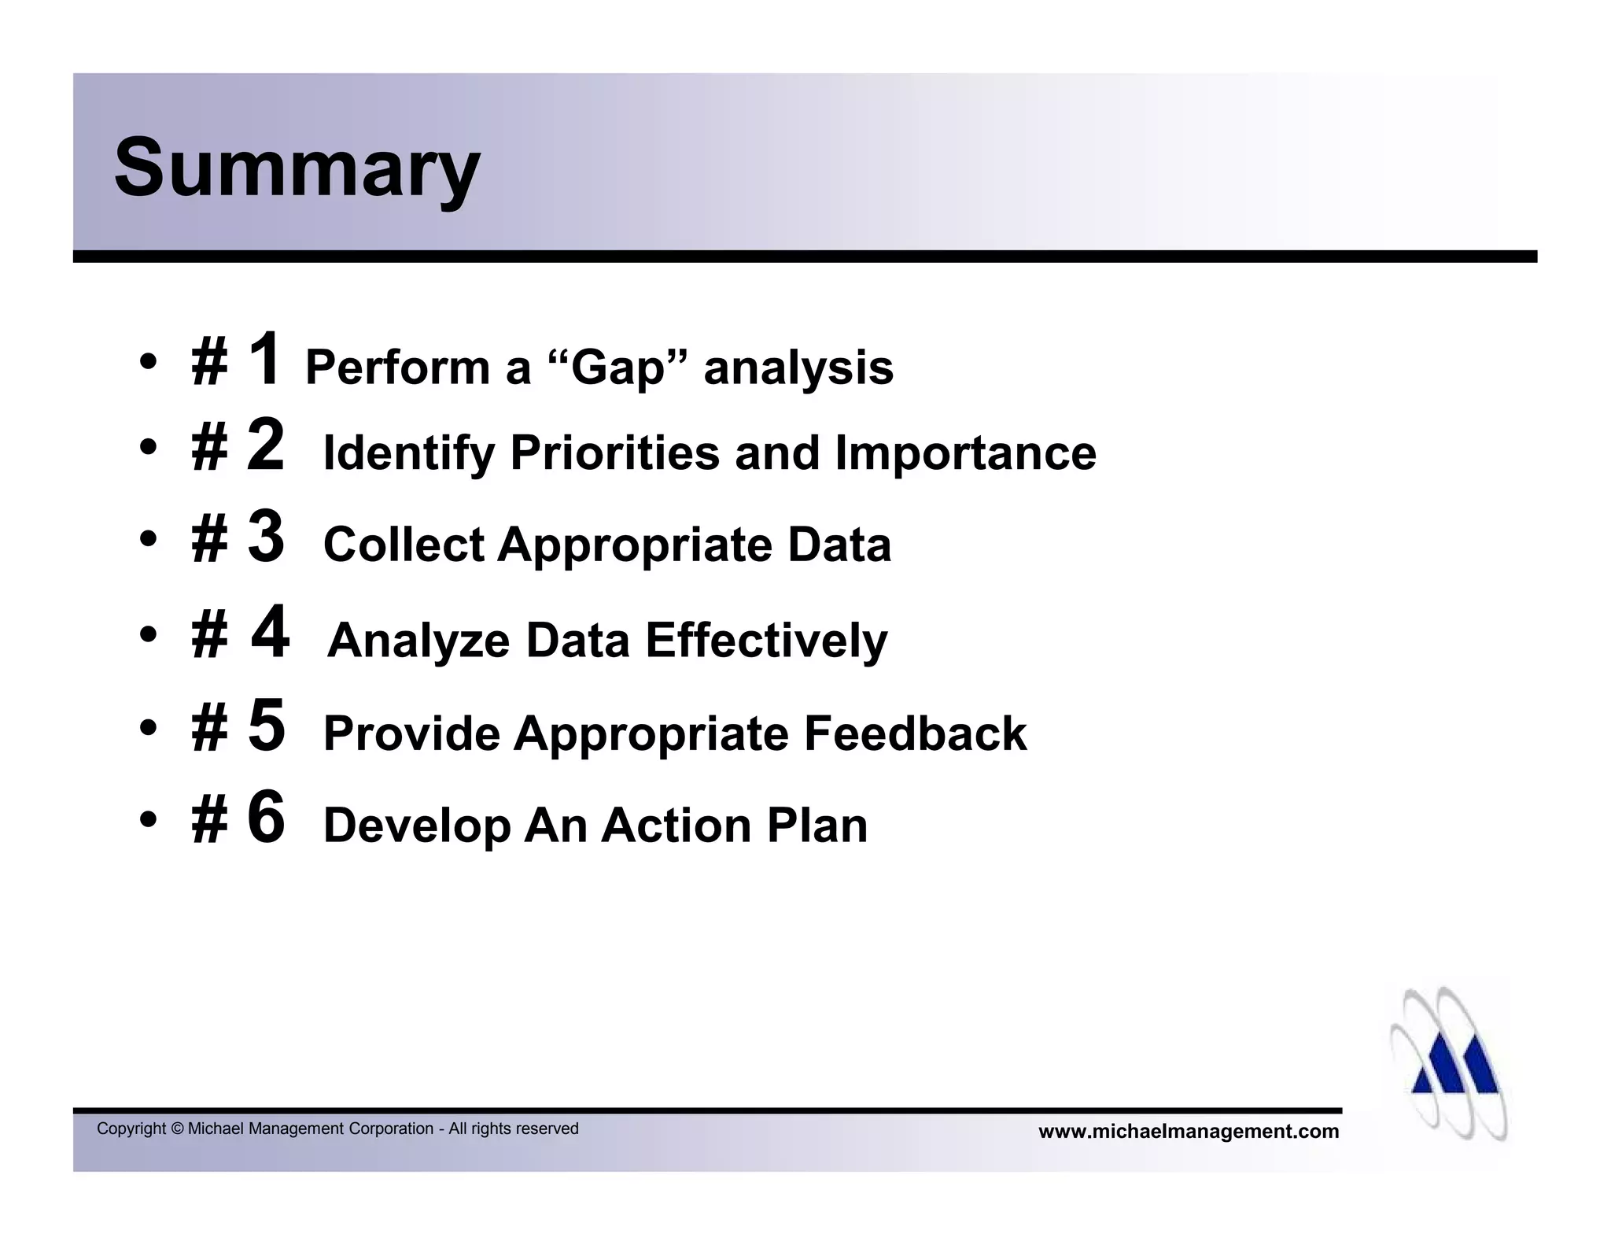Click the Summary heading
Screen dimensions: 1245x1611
pyautogui.click(x=297, y=168)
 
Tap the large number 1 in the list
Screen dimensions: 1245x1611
pyautogui.click(x=265, y=358)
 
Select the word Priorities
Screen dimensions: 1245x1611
pyautogui.click(x=614, y=453)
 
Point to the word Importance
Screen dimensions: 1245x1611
pyautogui.click(x=965, y=453)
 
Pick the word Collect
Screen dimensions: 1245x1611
pyautogui.click(x=404, y=545)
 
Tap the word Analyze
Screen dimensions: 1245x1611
pyautogui.click(x=419, y=641)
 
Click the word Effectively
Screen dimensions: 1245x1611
pyautogui.click(x=766, y=640)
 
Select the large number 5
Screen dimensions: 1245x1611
pyautogui.click(x=266, y=725)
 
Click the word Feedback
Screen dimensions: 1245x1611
pyautogui.click(x=915, y=733)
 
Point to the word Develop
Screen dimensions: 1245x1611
pyautogui.click(x=417, y=826)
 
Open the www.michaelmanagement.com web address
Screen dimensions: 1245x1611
pyautogui.click(x=1188, y=1132)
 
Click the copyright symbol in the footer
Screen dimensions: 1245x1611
pyautogui.click(x=177, y=1129)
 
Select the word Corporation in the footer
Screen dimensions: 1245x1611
pyautogui.click(x=391, y=1129)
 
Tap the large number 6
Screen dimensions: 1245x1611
pyautogui.click(x=266, y=818)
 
